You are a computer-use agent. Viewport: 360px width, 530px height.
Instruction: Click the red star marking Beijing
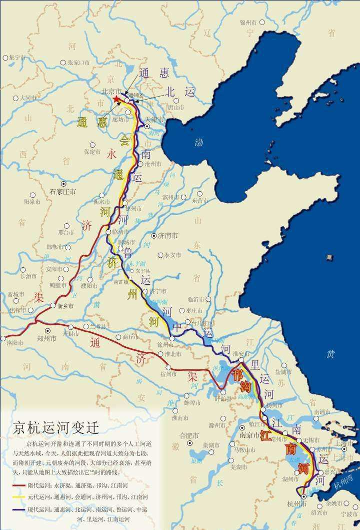point(116,100)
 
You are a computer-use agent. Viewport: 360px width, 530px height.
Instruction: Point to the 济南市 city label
point(168,236)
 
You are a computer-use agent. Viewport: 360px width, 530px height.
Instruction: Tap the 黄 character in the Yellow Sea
point(331,354)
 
